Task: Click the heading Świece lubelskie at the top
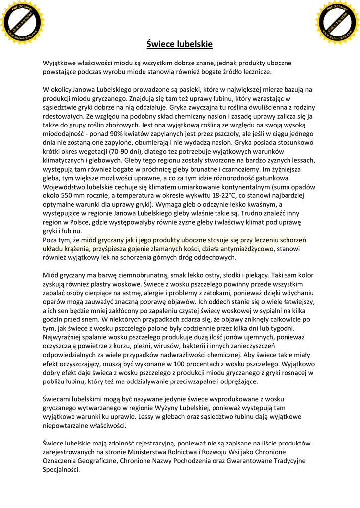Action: coord(180,44)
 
